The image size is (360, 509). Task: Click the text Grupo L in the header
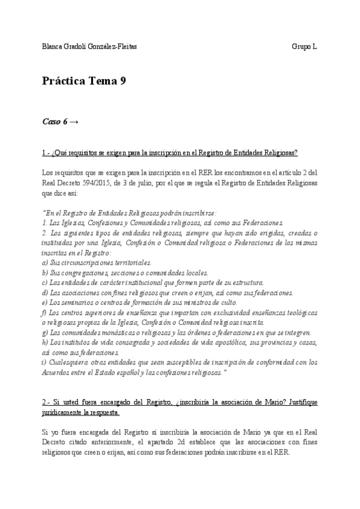point(305,47)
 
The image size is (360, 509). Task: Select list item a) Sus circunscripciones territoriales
point(97,263)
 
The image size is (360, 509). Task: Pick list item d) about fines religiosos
point(168,293)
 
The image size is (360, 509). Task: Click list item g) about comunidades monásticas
point(176,333)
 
